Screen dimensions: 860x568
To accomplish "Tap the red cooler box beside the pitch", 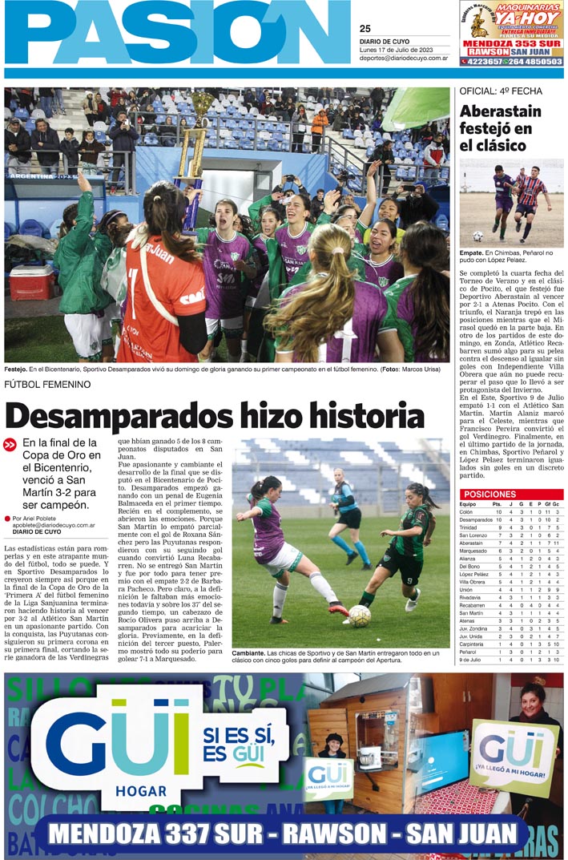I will pyautogui.click(x=32, y=282).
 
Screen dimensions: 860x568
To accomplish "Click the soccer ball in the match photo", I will pyautogui.click(x=359, y=615).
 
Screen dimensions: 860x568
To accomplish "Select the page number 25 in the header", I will pyautogui.click(x=365, y=29).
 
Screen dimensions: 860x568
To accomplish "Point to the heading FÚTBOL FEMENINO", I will pyautogui.click(x=47, y=385).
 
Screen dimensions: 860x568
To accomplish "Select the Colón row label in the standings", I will pyautogui.click(x=469, y=511).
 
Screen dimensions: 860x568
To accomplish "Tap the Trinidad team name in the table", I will pyautogui.click(x=471, y=527).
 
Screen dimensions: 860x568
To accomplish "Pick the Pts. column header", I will pyautogui.click(x=498, y=503).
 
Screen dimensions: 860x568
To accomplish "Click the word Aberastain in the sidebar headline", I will pyautogui.click(x=501, y=111).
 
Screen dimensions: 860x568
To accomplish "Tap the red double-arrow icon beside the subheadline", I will pyautogui.click(x=10, y=445).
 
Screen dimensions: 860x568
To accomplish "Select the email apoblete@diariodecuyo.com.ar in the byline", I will pyautogui.click(x=54, y=526).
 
